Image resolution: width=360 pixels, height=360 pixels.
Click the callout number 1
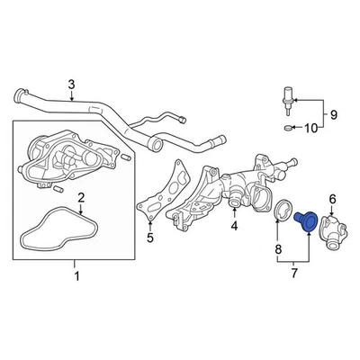tap(76, 274)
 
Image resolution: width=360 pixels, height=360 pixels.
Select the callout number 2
tap(80, 198)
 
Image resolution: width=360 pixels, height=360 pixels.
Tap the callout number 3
tap(71, 85)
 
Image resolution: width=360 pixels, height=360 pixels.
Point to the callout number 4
tap(233, 226)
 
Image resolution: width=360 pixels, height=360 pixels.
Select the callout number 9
tap(331, 114)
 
